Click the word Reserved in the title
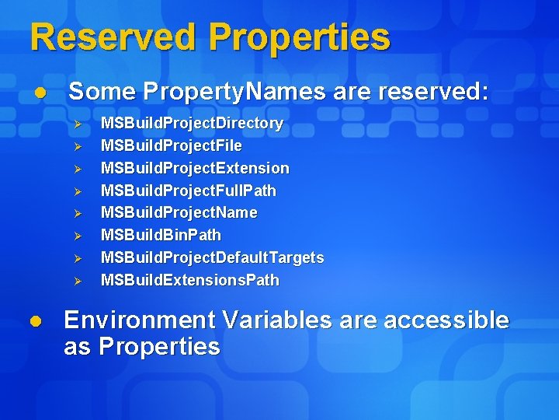point(113,37)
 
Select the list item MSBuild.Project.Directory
point(192,124)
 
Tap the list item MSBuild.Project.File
point(171,146)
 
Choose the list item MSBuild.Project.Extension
point(195,168)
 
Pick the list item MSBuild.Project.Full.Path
point(188,191)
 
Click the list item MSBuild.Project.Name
point(179,212)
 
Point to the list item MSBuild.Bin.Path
point(161,235)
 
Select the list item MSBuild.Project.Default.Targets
point(212,257)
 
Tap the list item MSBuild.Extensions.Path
point(189,280)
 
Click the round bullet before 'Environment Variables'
point(34,320)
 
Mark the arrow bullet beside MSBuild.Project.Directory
point(77,124)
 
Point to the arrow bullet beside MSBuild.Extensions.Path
point(77,281)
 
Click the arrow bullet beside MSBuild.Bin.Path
point(77,236)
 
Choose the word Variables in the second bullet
point(276,320)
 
